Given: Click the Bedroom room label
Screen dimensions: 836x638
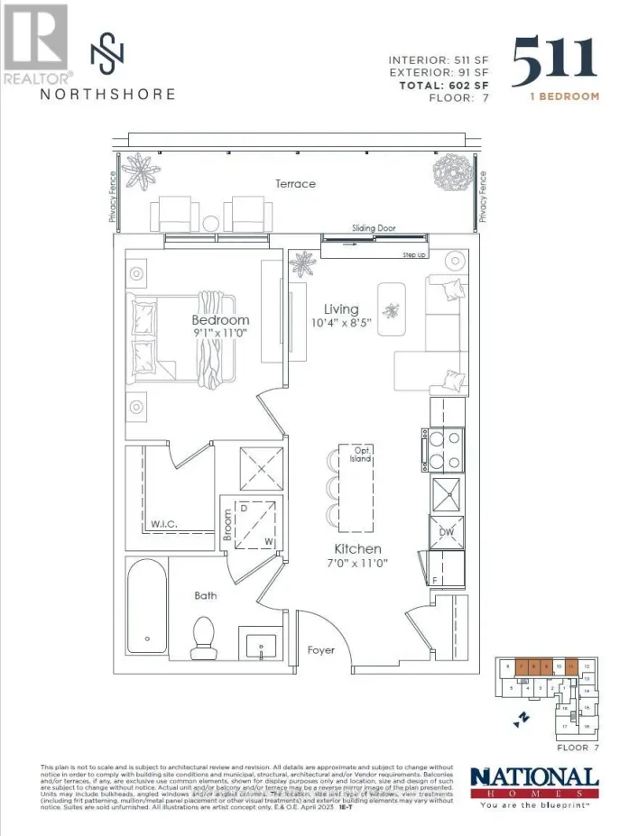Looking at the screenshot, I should (220, 320).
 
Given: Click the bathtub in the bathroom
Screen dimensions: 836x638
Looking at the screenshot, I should (146, 607).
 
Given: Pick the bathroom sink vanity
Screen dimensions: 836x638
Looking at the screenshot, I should (262, 646).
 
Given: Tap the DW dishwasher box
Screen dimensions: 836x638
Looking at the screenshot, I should (446, 532).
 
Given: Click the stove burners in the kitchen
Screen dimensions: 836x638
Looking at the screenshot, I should (445, 450).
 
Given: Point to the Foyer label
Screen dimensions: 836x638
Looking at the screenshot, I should (320, 649).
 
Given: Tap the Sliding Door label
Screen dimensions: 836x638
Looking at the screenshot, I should (374, 228).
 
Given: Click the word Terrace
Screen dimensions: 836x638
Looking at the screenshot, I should (296, 184).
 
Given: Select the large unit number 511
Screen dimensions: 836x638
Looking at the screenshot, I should (554, 61).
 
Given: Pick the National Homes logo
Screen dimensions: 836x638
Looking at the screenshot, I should (534, 784).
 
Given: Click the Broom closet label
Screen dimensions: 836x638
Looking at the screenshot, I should (229, 526).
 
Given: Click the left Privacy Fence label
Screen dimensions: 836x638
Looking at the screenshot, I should (114, 197).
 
